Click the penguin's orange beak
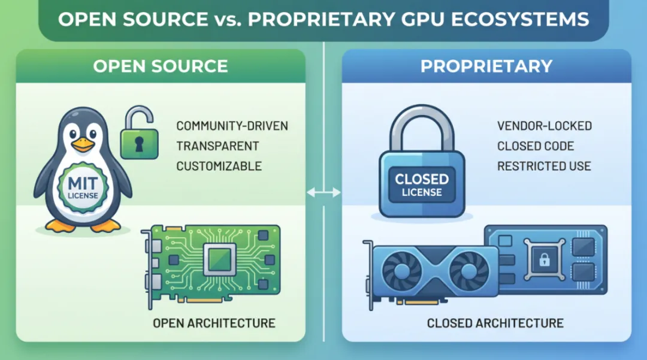83,145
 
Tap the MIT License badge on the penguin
83,188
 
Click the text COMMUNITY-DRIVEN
232,126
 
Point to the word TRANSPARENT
217,146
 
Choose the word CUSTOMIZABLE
219,166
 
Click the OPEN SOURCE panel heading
161,66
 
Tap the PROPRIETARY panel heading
486,66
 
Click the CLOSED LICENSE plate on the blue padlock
422,184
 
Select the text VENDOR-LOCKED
544,126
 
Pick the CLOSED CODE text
535,146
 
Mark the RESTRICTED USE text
544,166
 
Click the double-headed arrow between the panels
323,192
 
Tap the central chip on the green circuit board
219,260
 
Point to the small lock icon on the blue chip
544,260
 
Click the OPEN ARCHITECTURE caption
214,323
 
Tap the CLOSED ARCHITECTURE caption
495,323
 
